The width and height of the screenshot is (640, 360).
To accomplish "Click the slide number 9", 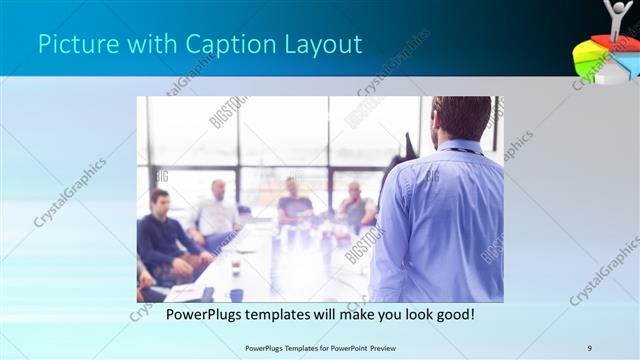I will point(590,348).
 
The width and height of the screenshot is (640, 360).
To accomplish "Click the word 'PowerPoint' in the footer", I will point(345,348).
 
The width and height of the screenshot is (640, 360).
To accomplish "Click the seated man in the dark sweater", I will point(161,235).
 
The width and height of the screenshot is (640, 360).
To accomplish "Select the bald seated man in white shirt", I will point(217,213).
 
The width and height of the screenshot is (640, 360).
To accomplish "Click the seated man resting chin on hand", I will point(354,206).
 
